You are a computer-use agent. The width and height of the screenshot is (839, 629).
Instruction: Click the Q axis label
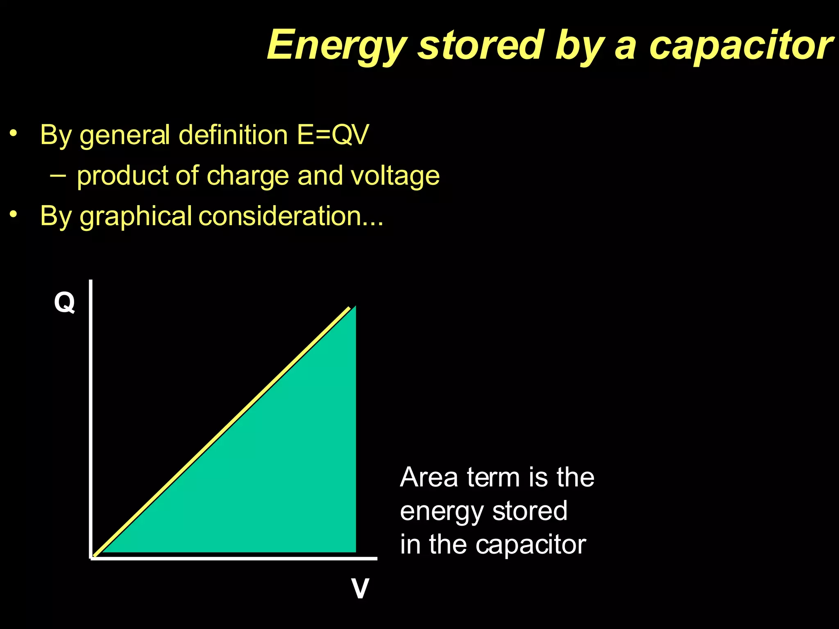pos(64,303)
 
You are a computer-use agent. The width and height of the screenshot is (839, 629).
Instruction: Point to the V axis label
pos(360,589)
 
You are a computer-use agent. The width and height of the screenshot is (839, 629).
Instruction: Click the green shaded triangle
pos(279,471)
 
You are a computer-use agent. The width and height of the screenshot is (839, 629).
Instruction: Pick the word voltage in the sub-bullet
pos(395,176)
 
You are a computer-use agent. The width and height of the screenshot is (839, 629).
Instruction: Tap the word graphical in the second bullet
pos(136,216)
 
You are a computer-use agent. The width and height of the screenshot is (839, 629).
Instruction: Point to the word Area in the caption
pos(429,477)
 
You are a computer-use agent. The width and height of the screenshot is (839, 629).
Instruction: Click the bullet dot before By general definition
pos(14,133)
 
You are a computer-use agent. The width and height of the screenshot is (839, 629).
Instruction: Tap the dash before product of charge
pos(58,176)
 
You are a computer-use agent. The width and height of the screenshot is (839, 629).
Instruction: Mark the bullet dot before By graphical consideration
pos(14,214)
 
